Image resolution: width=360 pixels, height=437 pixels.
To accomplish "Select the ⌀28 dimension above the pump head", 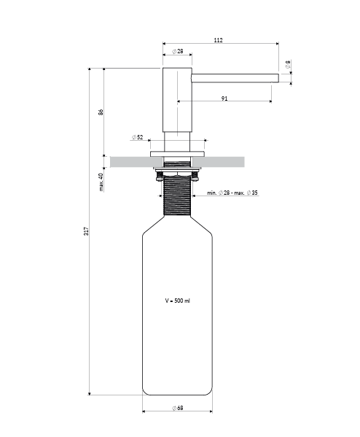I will pyautogui.click(x=177, y=52).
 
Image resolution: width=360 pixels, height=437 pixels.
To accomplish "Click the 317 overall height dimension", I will pyautogui.click(x=86, y=231).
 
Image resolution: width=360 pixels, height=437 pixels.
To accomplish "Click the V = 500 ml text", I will pyautogui.click(x=178, y=300).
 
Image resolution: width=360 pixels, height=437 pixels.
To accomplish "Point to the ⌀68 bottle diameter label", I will pyautogui.click(x=177, y=408).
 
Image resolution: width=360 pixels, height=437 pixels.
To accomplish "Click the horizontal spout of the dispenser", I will pyautogui.click(x=233, y=77).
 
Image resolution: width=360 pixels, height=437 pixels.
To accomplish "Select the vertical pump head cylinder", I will pyautogui.click(x=176, y=98).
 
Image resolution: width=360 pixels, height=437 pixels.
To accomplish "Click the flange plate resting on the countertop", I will pyautogui.click(x=177, y=153).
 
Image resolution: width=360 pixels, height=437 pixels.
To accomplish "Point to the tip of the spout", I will pyautogui.click(x=276, y=77).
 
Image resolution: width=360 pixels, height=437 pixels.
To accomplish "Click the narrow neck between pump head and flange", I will pyautogui.click(x=177, y=142).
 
